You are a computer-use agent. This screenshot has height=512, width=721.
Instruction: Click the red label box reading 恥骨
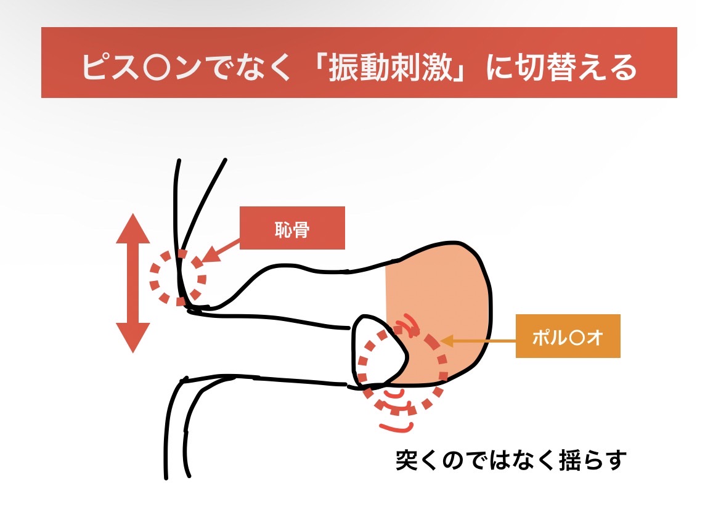tap(292, 228)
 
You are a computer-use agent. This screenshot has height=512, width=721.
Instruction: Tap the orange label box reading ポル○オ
tap(568, 336)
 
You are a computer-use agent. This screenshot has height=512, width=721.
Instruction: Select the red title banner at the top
tap(359, 62)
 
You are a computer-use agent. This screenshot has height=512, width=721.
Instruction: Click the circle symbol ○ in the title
tap(158, 68)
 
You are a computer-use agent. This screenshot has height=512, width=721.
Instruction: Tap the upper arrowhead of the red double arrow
tap(133, 228)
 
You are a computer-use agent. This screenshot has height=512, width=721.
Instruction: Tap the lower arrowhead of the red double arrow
tap(133, 338)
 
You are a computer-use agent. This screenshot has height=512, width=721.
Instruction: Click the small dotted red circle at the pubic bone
tap(178, 278)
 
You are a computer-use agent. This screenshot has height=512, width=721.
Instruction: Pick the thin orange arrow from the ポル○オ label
tap(478, 341)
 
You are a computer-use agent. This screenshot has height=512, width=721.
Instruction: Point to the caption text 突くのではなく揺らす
tap(511, 460)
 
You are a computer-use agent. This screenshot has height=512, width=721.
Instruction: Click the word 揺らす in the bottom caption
tap(593, 460)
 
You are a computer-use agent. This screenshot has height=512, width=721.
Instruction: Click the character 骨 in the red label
tap(301, 229)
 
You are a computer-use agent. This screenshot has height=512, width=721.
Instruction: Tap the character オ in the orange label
tap(595, 338)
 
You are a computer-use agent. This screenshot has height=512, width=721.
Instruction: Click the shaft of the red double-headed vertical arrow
tap(133, 283)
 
